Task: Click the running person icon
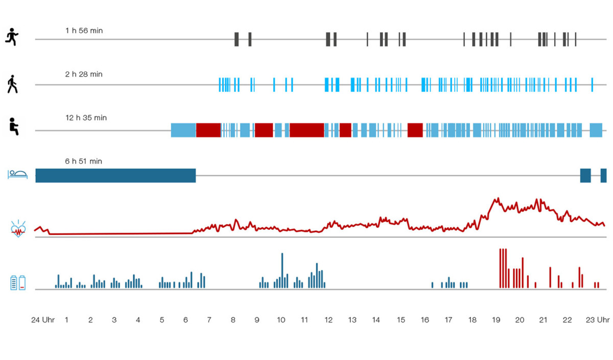click(x=11, y=37)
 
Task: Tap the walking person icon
click(x=12, y=84)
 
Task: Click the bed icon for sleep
click(x=18, y=175)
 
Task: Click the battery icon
click(x=18, y=282)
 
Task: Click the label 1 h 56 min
click(x=84, y=31)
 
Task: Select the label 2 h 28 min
click(x=84, y=74)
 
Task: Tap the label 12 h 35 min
click(x=86, y=117)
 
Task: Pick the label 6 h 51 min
click(x=84, y=161)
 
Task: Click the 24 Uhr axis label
click(x=43, y=320)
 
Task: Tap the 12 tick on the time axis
click(x=328, y=320)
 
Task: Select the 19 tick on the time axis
click(x=496, y=320)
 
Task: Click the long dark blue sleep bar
click(x=115, y=175)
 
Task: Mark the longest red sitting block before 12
click(x=306, y=130)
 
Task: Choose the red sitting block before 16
click(x=415, y=130)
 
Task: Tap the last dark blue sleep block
click(x=603, y=175)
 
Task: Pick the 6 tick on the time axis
click(x=185, y=320)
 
